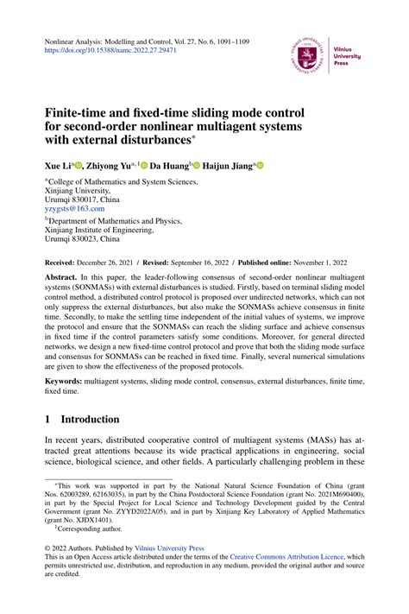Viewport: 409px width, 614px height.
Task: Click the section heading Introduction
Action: tap(90, 419)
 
